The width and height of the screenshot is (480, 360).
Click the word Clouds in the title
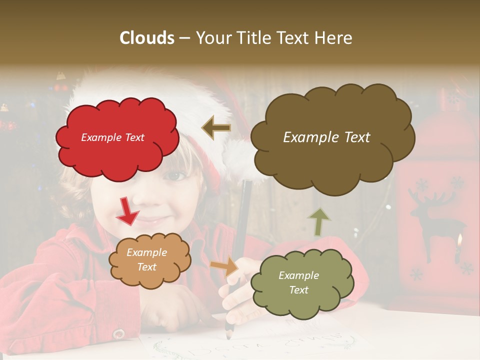tap(147, 38)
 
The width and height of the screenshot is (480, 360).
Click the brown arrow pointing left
tap(216, 128)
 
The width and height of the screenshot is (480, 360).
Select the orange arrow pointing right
tap(224, 266)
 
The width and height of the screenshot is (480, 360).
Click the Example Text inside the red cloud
tap(112, 137)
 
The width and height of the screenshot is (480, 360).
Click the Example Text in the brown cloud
tap(326, 137)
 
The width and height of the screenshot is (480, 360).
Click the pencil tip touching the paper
tap(228, 336)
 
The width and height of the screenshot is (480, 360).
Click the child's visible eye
tap(175, 176)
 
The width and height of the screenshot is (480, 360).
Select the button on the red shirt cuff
tap(118, 333)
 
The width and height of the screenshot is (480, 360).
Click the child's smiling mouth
tap(150, 220)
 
